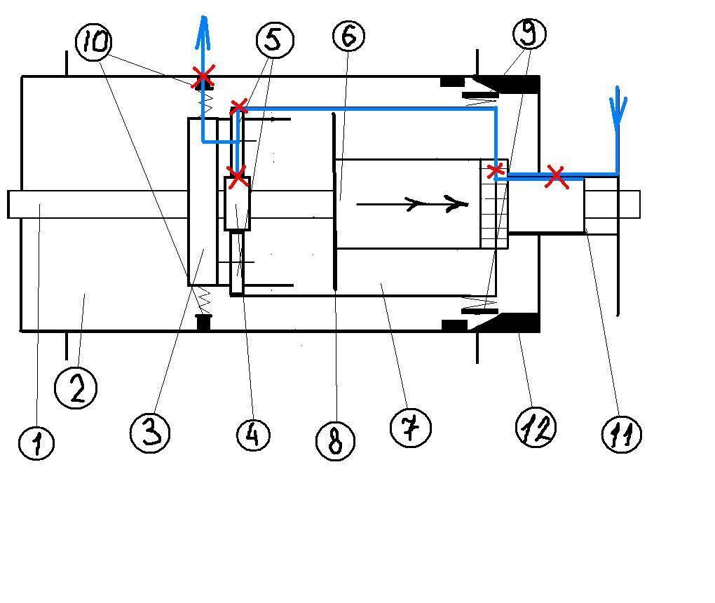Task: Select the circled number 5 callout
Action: (274, 39)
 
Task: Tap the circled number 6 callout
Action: (348, 34)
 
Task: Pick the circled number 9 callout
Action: (529, 32)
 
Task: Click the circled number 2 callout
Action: (76, 388)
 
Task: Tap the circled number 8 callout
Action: (335, 441)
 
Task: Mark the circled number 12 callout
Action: (536, 426)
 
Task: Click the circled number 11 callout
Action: (622, 434)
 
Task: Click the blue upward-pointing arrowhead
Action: (204, 28)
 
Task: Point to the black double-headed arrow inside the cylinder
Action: (412, 204)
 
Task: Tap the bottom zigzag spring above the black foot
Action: (203, 301)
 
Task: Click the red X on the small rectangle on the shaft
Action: (238, 176)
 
